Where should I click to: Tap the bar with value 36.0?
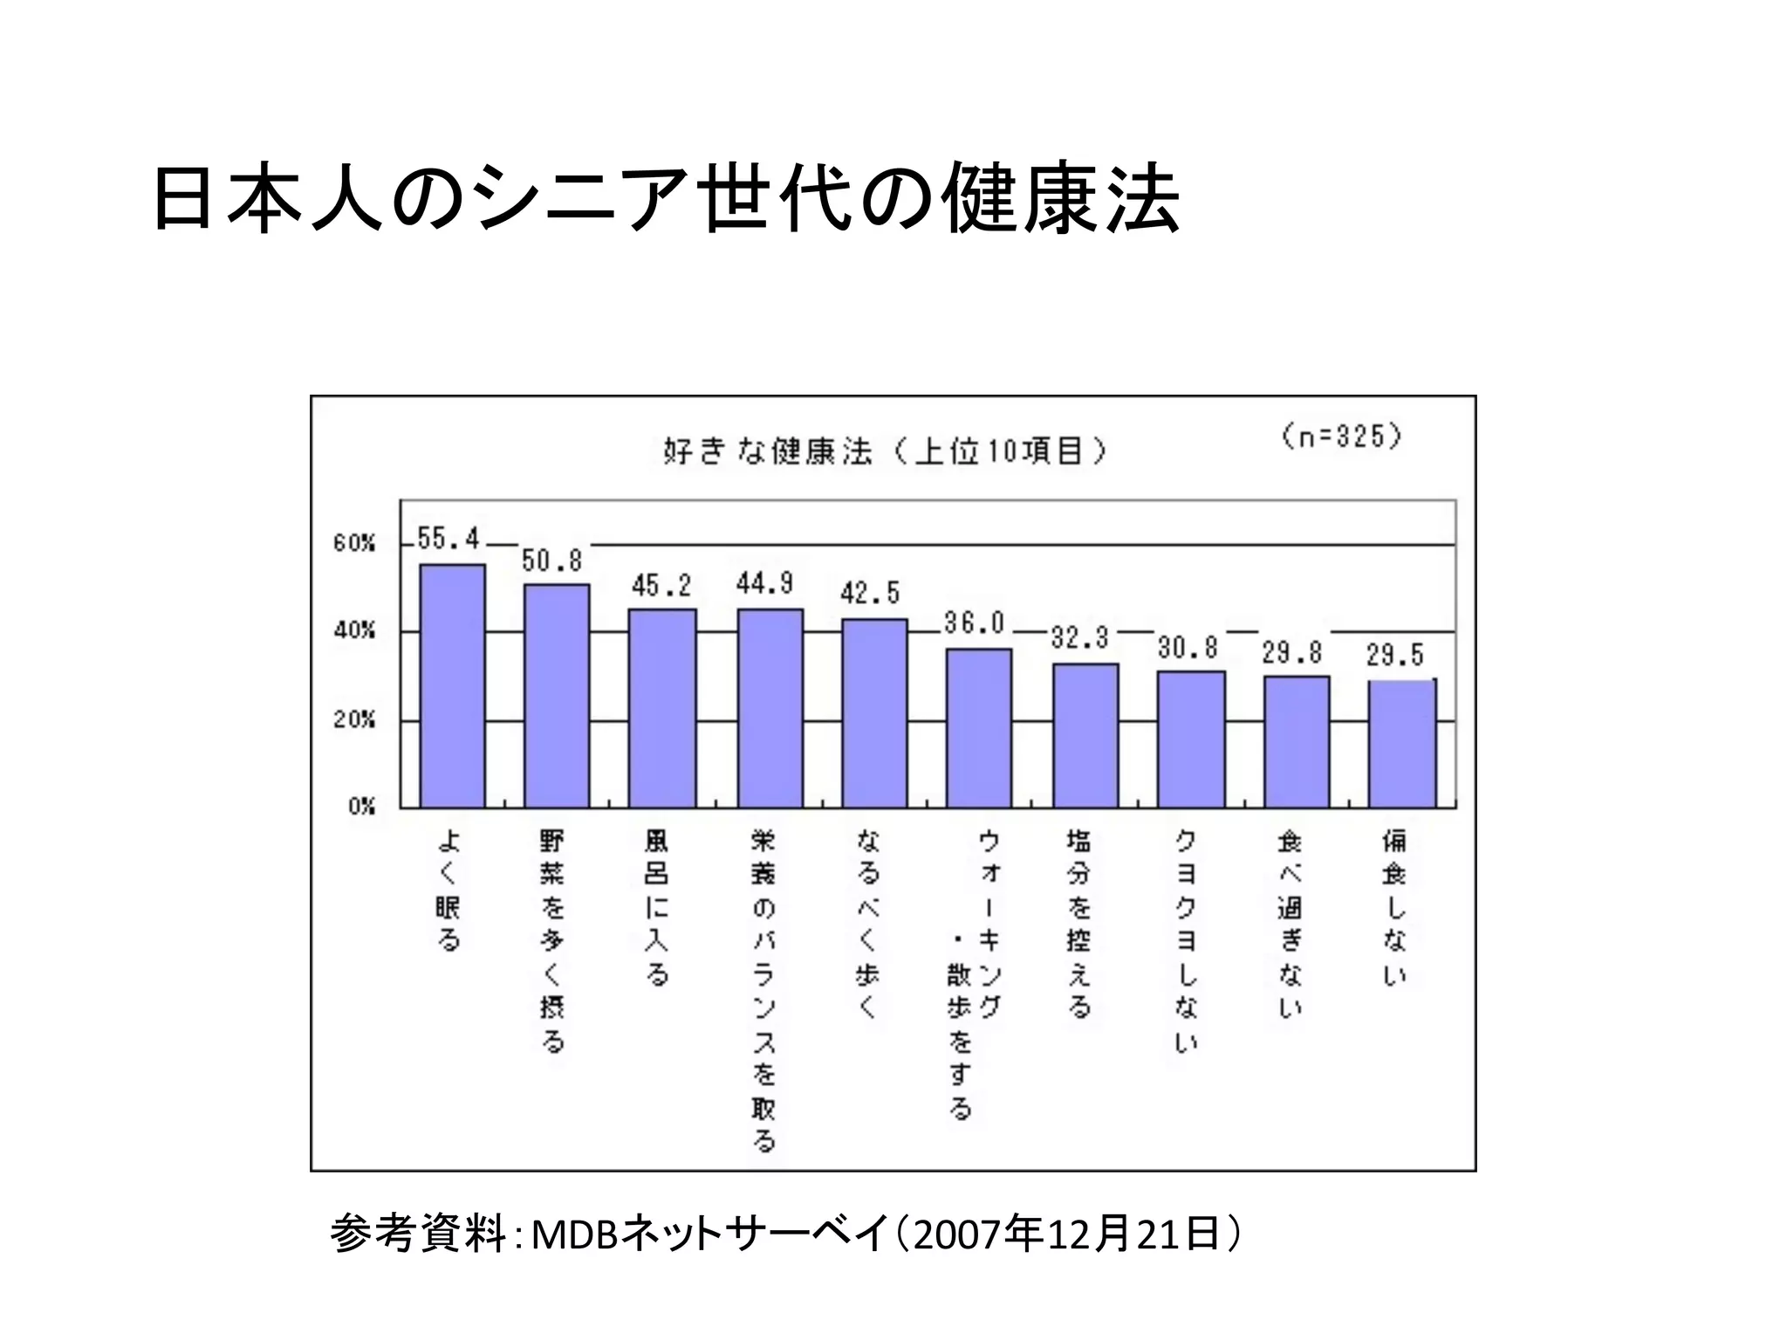(979, 728)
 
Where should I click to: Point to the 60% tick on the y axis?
(353, 543)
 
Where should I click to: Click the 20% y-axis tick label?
(353, 719)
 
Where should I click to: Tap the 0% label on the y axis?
(360, 806)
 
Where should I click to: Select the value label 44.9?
(763, 583)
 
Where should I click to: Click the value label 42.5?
(869, 594)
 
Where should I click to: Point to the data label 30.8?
(1188, 647)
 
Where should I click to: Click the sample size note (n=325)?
(1341, 436)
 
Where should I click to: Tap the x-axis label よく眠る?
(448, 891)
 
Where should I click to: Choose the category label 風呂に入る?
(656, 908)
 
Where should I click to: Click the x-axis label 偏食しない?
(1394, 908)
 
